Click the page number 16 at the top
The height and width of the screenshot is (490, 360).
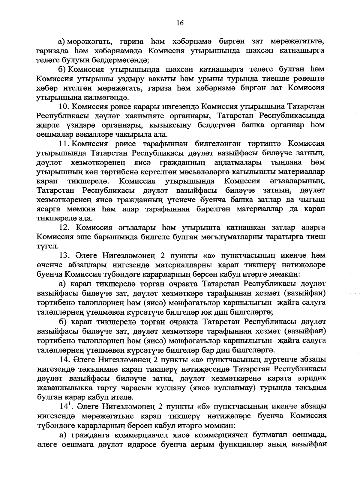(x=180, y=23)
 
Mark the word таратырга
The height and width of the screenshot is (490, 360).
(x=279, y=237)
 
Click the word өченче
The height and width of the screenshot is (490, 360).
(x=48, y=265)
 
